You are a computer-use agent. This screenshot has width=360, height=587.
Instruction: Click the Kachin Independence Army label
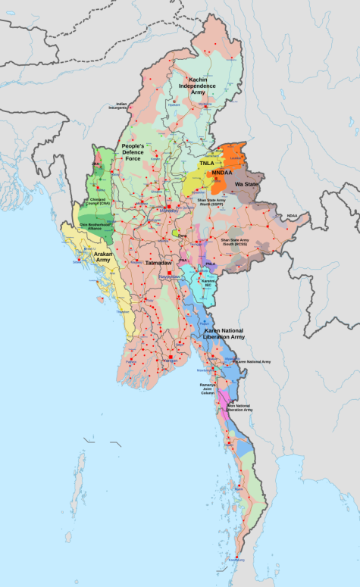pos(197,86)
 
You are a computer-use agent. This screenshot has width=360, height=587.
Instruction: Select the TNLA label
pos(206,163)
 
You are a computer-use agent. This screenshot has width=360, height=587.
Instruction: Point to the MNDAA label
pos(222,173)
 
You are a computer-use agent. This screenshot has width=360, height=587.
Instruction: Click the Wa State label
pos(245,184)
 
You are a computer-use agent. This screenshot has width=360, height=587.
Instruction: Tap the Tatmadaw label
pos(158,262)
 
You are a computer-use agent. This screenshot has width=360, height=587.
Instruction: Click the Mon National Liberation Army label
pos(239,407)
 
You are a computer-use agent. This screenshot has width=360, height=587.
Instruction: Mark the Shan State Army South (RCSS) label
pos(235,242)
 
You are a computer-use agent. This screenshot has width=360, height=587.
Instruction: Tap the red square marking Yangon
pos(171,357)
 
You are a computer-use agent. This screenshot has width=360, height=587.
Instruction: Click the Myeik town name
pos(239,490)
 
